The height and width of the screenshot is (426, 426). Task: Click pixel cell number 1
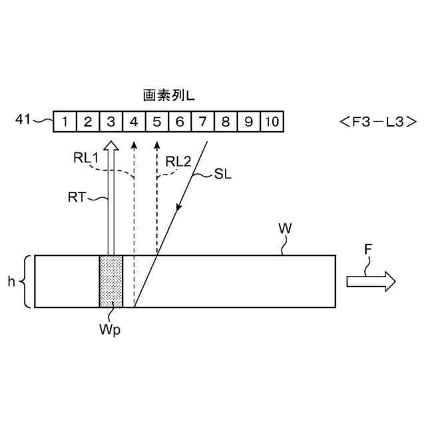pyautogui.click(x=65, y=122)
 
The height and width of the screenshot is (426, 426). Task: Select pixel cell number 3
pyautogui.click(x=111, y=122)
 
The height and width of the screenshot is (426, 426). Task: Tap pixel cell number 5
pyautogui.click(x=157, y=122)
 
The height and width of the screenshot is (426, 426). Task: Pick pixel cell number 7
pyautogui.click(x=202, y=122)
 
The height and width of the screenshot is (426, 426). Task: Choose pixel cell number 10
pyautogui.click(x=271, y=122)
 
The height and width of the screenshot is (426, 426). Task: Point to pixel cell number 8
pyautogui.click(x=226, y=122)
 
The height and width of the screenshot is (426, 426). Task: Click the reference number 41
pyautogui.click(x=23, y=120)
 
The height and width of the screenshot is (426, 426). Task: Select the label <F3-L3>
pyautogui.click(x=377, y=122)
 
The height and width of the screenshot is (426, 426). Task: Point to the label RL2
pyautogui.click(x=178, y=160)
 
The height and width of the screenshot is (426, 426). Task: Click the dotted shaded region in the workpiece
pyautogui.click(x=111, y=281)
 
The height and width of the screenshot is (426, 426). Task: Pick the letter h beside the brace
pyautogui.click(x=11, y=282)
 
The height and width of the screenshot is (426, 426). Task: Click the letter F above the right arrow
pyautogui.click(x=369, y=250)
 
